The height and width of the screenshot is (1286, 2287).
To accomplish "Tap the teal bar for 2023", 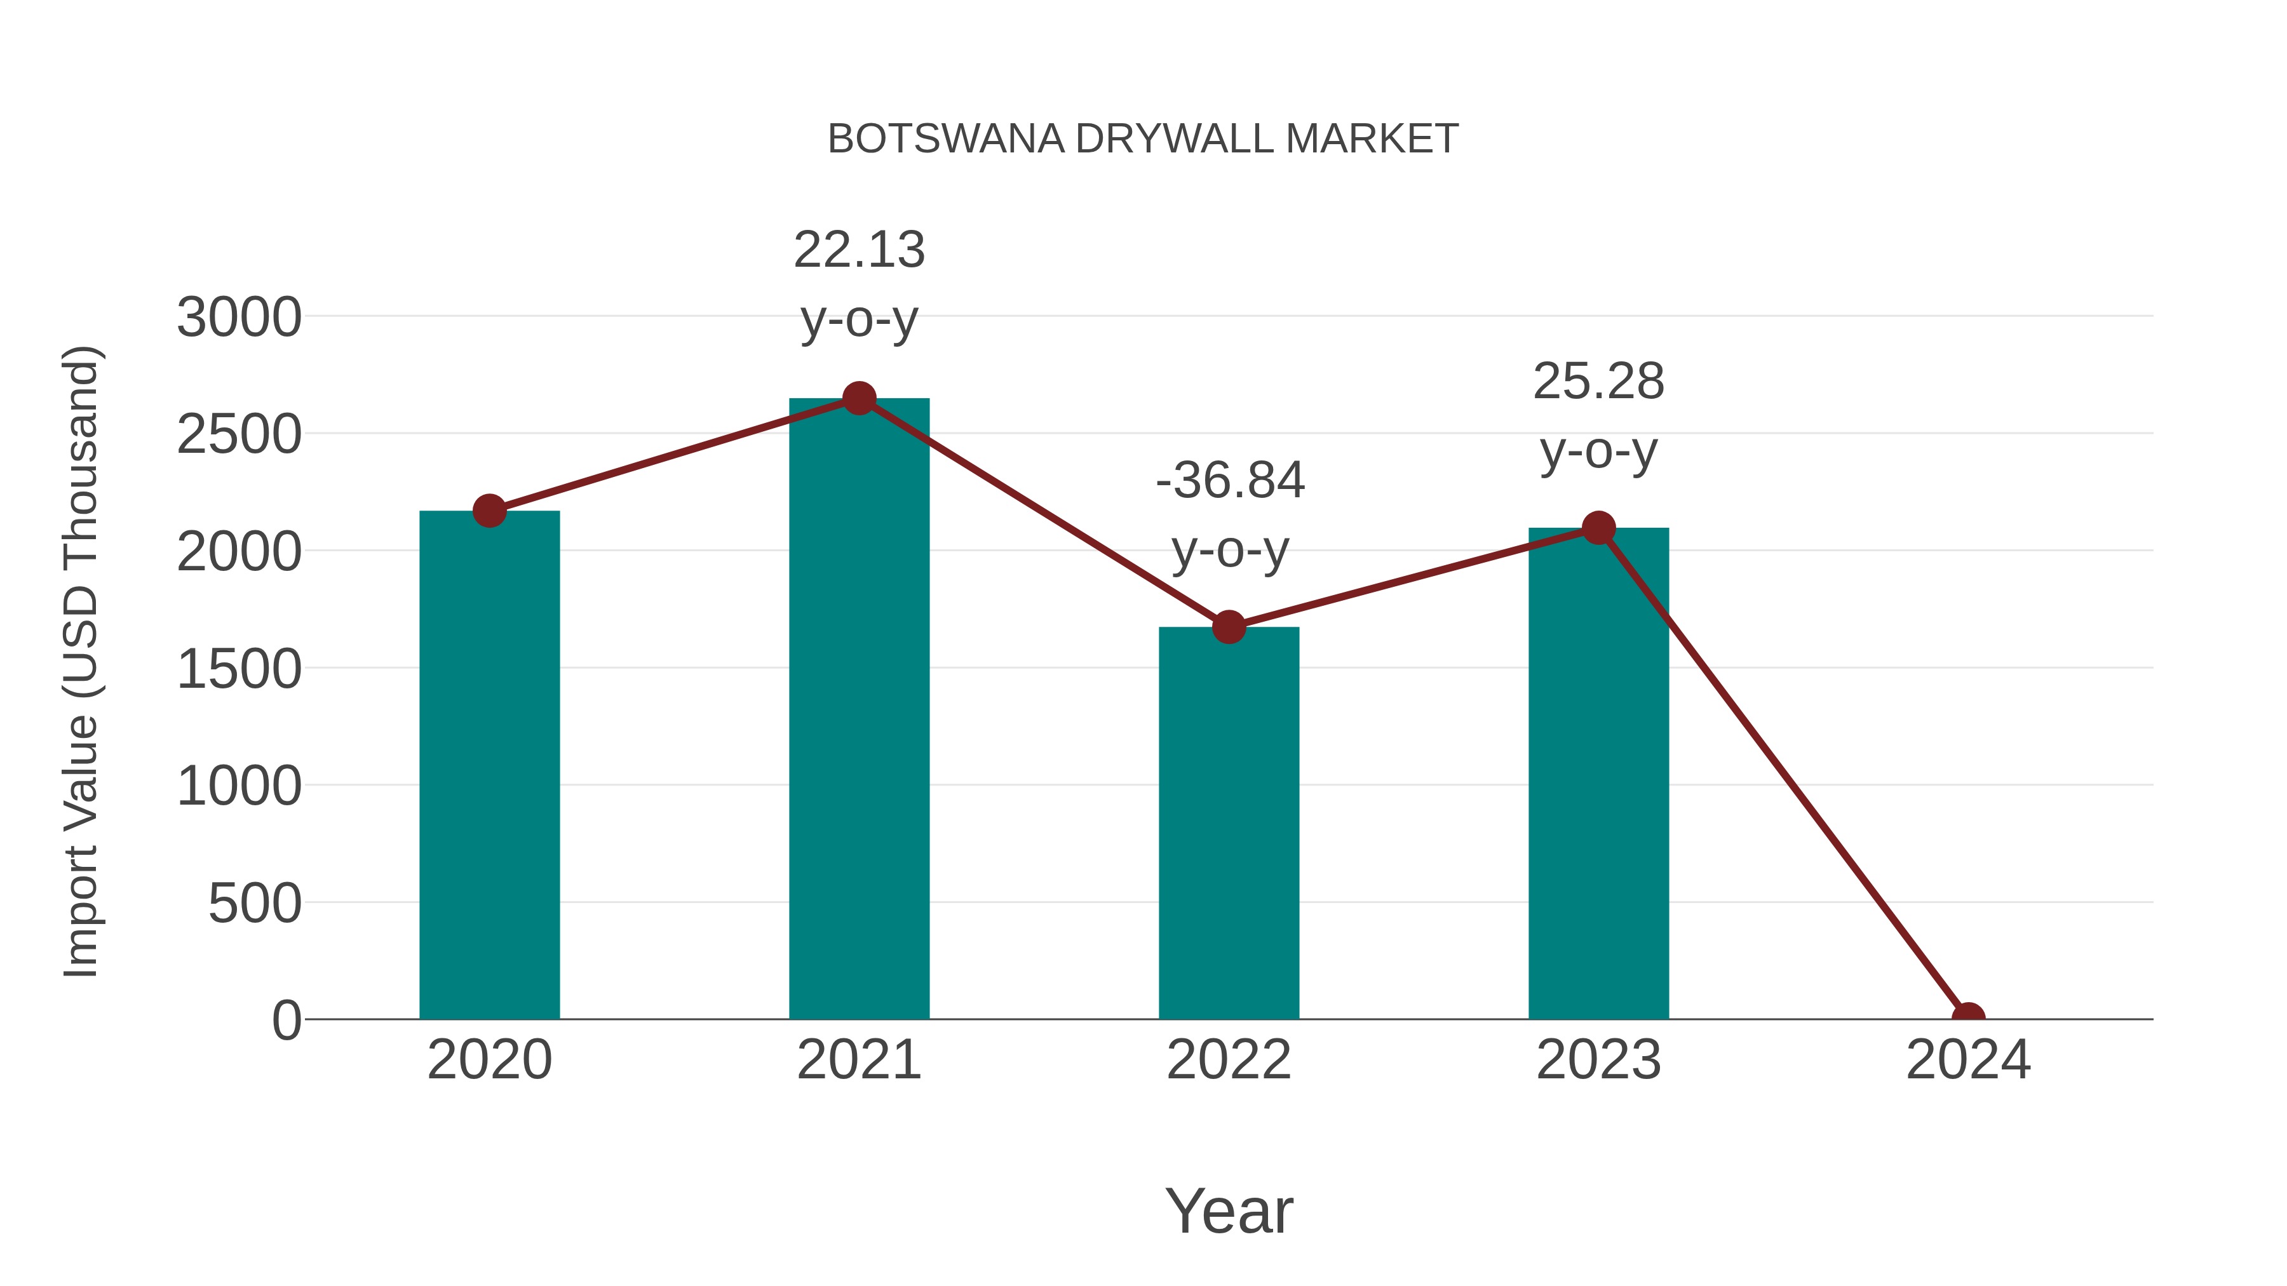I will (1598, 773).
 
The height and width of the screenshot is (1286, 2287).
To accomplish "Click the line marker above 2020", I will (489, 511).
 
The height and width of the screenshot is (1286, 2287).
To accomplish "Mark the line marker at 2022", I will (1229, 627).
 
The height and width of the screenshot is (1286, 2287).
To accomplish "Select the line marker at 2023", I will (1598, 528).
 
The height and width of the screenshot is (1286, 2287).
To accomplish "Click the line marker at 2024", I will (1968, 1017).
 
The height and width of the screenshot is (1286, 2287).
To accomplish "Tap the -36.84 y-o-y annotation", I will (1230, 515).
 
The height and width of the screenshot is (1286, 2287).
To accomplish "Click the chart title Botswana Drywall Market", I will (1143, 139).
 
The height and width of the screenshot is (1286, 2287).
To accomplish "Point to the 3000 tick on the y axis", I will (239, 317).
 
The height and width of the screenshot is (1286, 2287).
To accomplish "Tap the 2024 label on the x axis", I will (1968, 1060).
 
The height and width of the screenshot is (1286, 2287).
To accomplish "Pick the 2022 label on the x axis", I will (1229, 1060).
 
